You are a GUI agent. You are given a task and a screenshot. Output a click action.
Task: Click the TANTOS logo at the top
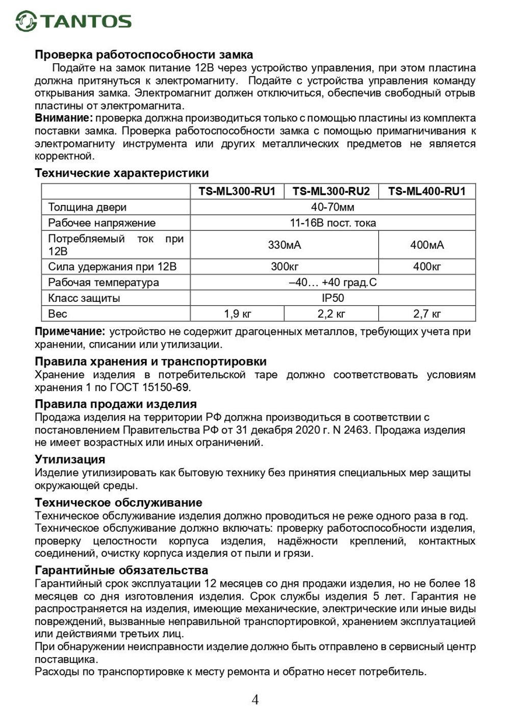point(73,21)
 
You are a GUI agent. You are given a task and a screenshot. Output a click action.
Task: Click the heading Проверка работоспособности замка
point(144,55)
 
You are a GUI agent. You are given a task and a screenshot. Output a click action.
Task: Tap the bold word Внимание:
point(64,118)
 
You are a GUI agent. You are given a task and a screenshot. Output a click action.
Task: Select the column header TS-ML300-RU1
point(237,191)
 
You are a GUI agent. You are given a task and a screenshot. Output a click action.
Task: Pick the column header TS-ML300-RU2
point(331,191)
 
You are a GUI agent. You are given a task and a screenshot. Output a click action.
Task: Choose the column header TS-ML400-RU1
point(427,191)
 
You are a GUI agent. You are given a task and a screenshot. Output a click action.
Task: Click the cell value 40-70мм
point(333,207)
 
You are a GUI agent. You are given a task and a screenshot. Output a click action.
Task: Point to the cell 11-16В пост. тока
point(333,223)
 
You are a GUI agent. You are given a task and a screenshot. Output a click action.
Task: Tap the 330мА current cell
point(285,245)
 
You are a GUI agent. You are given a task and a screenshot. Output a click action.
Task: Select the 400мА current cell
point(427,245)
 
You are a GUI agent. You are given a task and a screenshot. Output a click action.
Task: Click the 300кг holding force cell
point(285,267)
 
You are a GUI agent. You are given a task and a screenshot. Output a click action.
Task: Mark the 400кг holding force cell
point(427,267)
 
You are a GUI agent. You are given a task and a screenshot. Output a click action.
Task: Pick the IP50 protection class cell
point(333,298)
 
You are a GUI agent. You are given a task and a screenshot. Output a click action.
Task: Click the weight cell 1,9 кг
point(237,314)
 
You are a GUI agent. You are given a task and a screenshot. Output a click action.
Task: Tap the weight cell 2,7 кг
point(427,314)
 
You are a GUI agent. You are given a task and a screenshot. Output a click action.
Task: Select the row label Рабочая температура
point(104,282)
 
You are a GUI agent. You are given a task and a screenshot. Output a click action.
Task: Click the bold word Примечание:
point(70,332)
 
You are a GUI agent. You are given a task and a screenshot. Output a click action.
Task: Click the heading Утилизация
point(70,459)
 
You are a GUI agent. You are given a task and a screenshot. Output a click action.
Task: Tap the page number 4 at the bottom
point(255,700)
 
